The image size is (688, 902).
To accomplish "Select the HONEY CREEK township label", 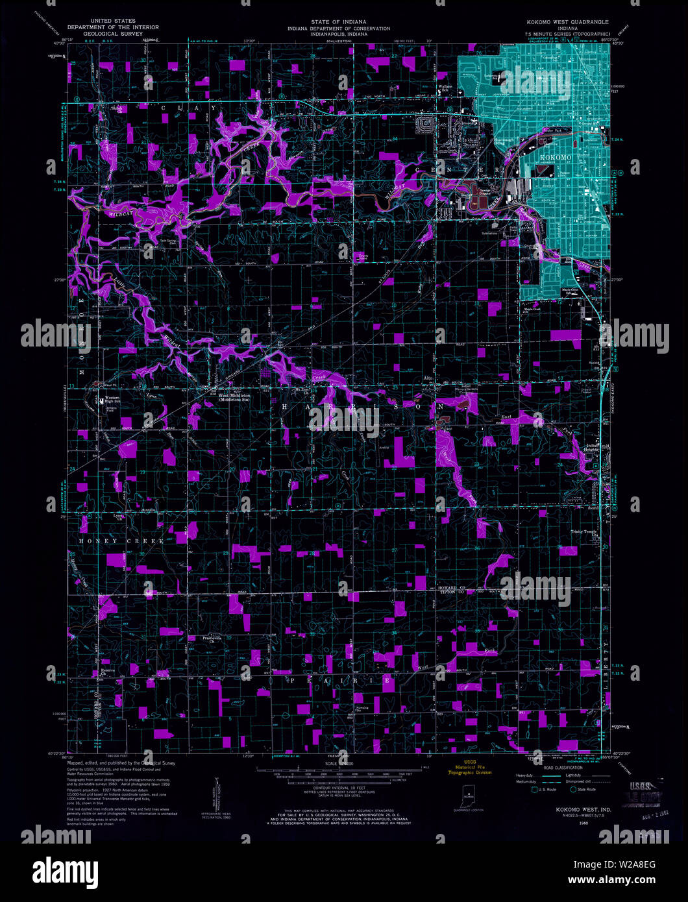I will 108,541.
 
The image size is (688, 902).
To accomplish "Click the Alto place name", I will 428,378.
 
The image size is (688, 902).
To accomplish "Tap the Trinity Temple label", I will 584,532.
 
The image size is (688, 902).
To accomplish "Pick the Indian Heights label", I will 591,447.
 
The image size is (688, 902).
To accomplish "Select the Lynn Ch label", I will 118,517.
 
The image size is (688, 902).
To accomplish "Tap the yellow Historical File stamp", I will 472,768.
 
